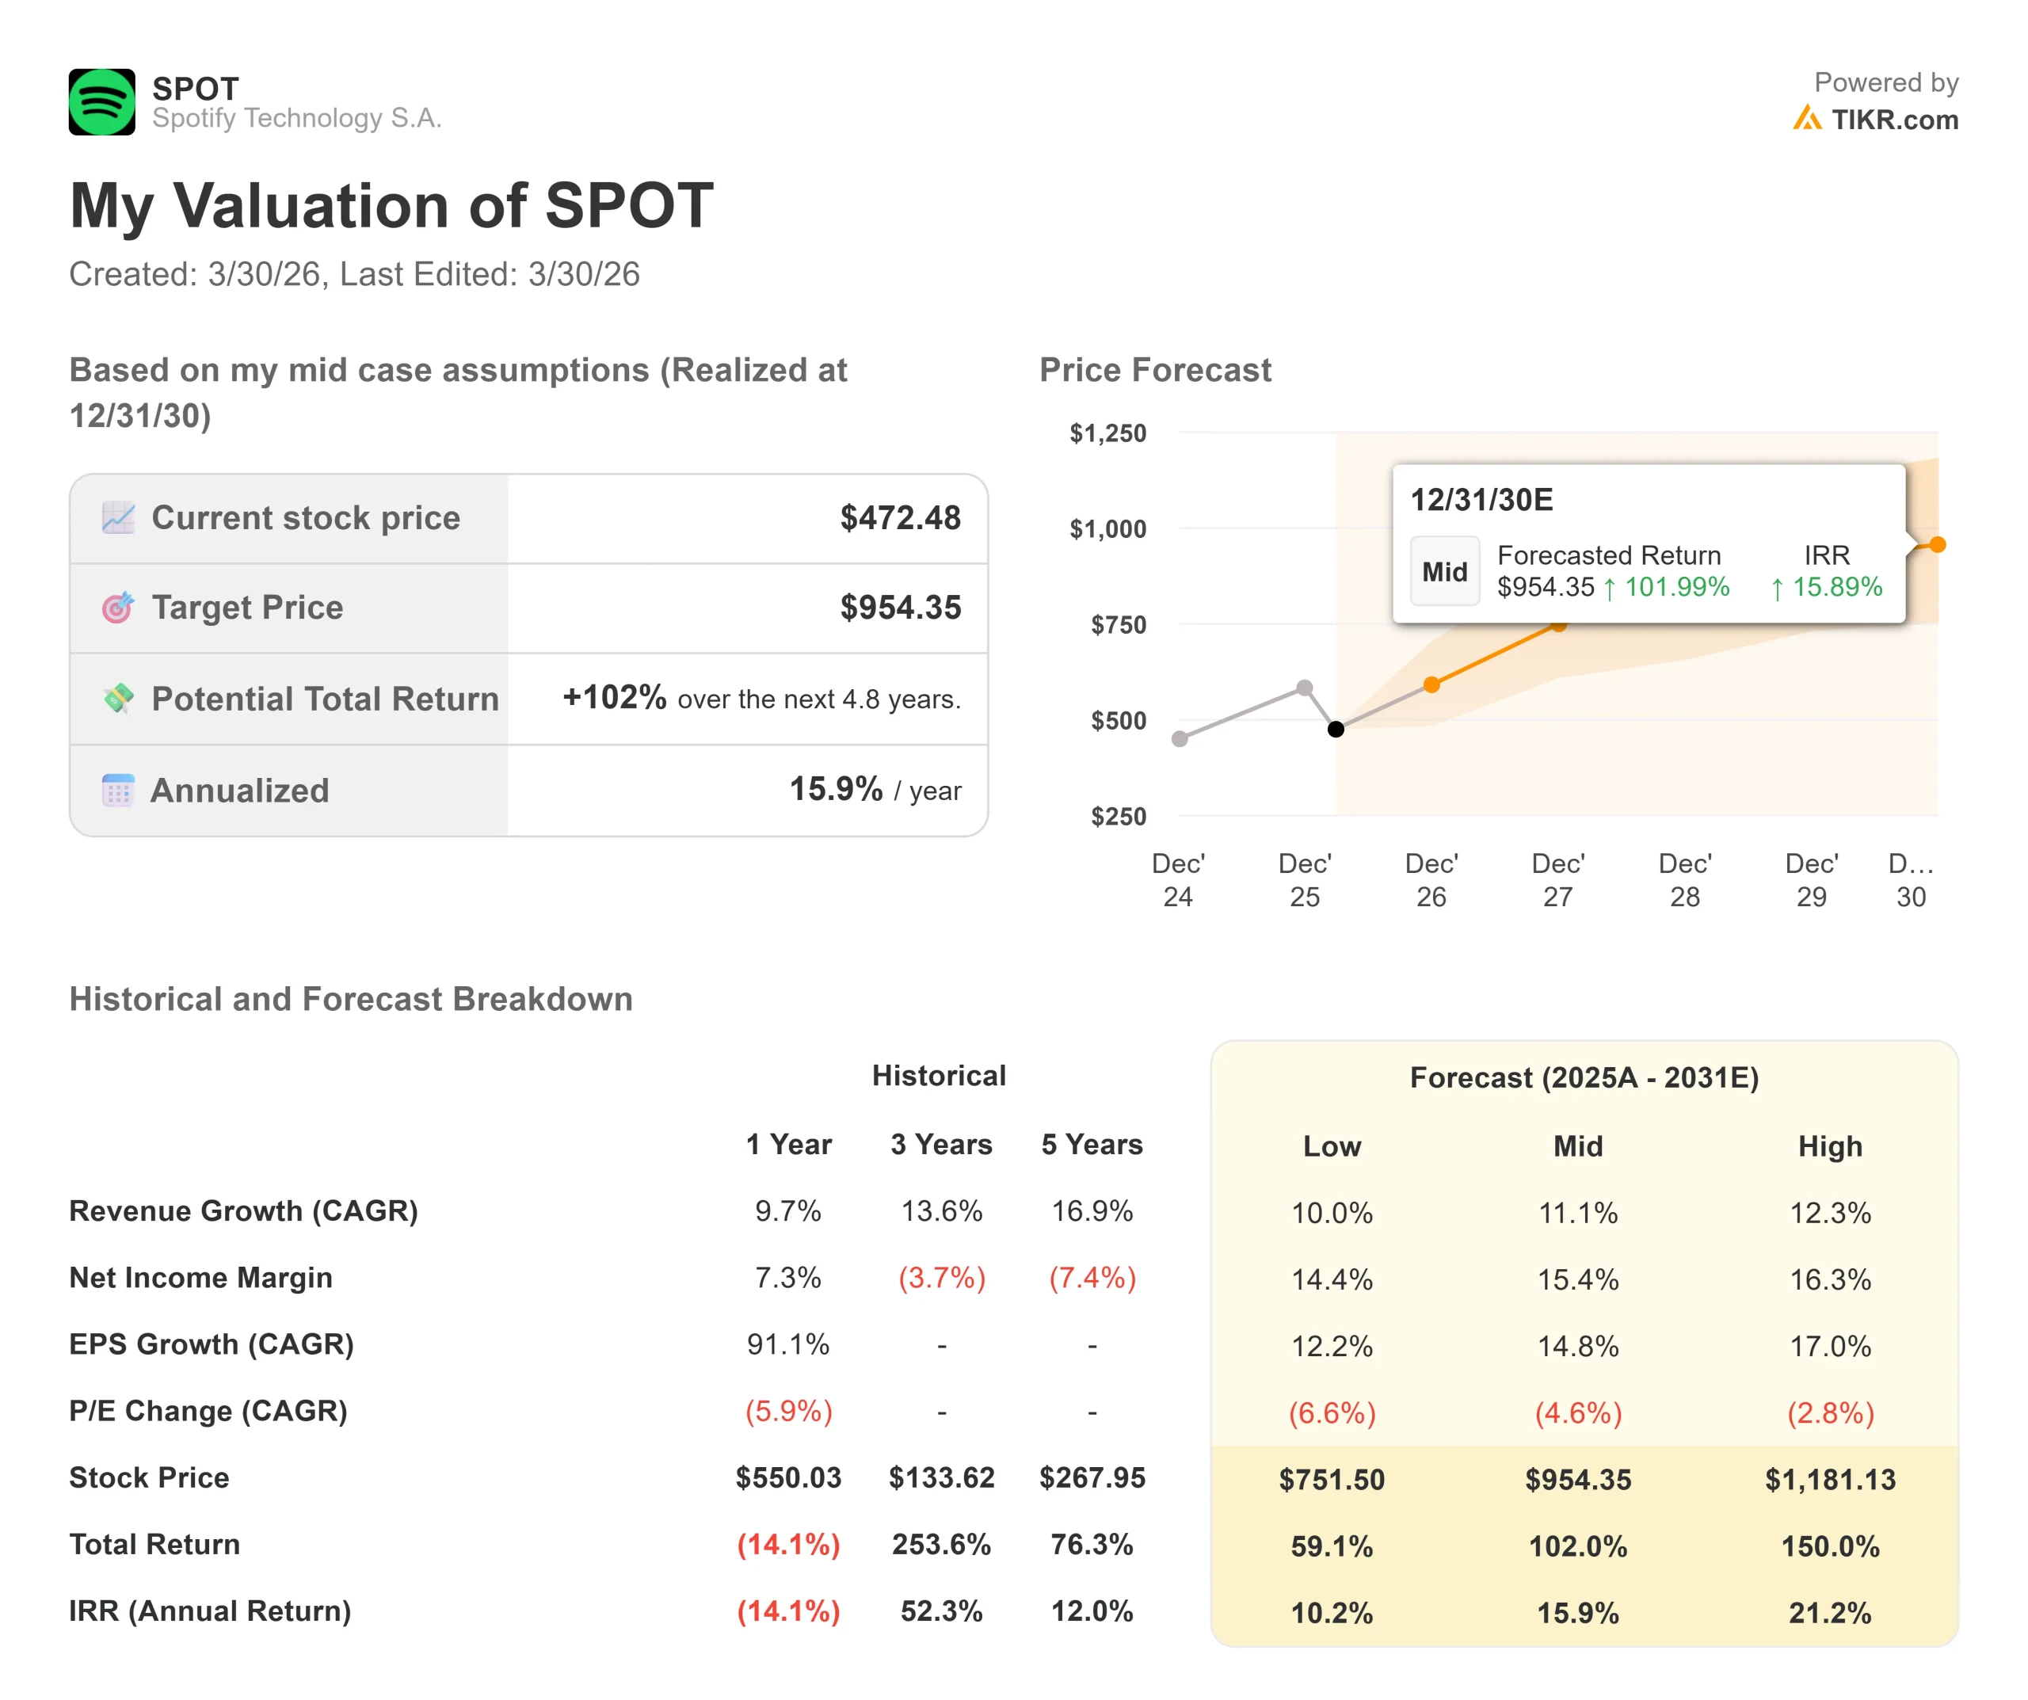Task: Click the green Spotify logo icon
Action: (101, 101)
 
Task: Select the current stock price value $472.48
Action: (900, 518)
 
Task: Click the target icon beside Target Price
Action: (118, 608)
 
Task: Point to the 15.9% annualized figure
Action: (835, 789)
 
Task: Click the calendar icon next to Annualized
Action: (118, 790)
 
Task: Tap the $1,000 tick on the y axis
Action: (1107, 529)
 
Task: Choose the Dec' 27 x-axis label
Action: (1557, 880)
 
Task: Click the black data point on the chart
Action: (1336, 730)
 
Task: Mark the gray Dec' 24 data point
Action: (1179, 739)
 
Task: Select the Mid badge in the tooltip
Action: (1443, 572)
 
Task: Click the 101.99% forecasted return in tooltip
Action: (1676, 587)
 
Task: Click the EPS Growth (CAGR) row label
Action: (212, 1344)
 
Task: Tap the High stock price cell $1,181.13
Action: (1830, 1479)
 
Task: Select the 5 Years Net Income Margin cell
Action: (1092, 1278)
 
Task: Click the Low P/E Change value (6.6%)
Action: (1332, 1413)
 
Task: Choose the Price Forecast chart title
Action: (1155, 370)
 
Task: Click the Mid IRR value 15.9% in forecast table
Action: (1578, 1612)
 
